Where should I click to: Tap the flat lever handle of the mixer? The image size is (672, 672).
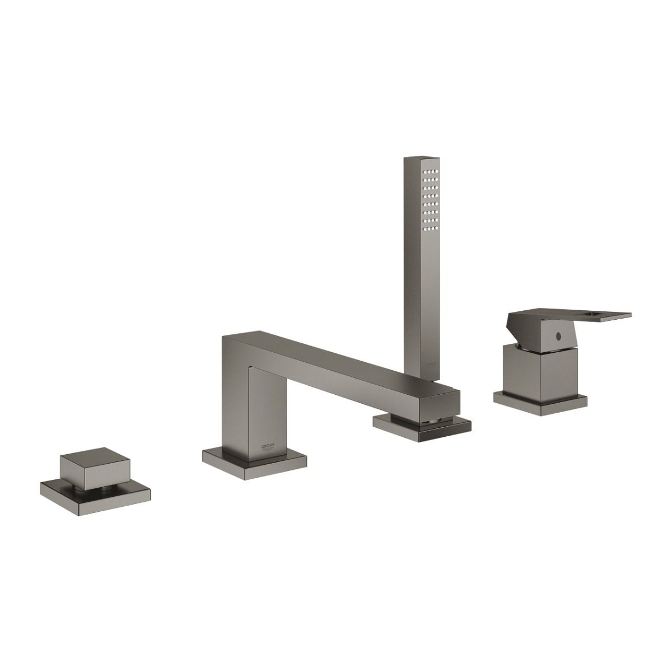click(571, 316)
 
